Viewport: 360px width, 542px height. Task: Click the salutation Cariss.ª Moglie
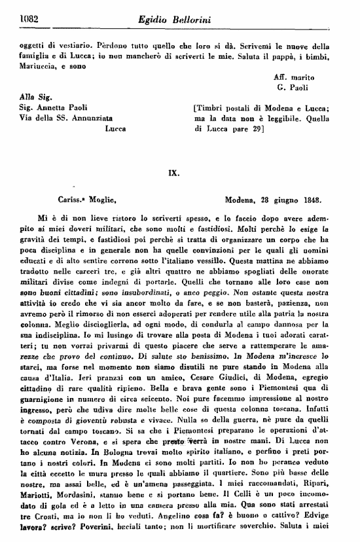click(86, 196)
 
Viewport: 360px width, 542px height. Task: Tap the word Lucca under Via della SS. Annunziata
click(118, 130)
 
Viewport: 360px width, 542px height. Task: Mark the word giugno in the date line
click(289, 196)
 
